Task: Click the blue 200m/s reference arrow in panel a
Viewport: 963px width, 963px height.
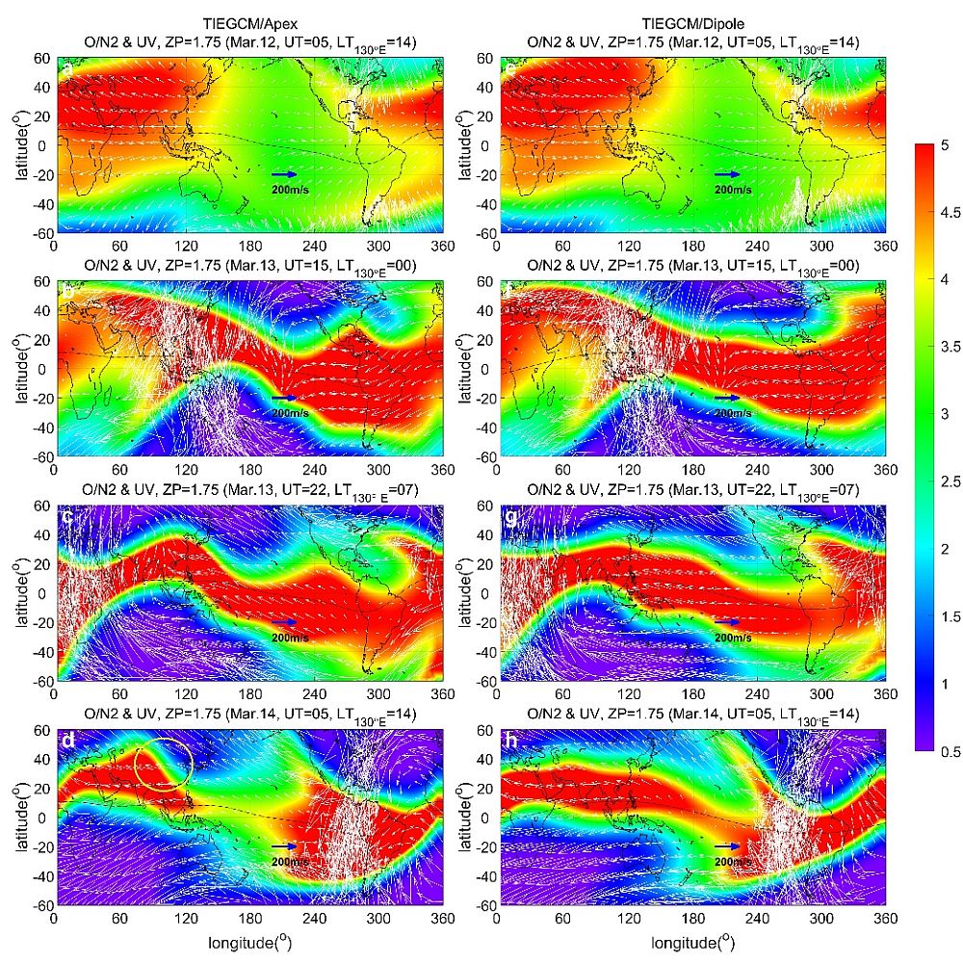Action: point(283,174)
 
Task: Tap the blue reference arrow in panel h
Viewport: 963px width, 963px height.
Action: point(726,846)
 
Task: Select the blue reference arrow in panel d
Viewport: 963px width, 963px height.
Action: point(283,846)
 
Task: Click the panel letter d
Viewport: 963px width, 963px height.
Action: point(67,742)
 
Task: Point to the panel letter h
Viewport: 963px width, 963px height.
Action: point(510,742)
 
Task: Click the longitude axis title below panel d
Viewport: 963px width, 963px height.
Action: point(247,942)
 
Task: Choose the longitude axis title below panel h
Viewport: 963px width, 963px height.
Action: point(690,942)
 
